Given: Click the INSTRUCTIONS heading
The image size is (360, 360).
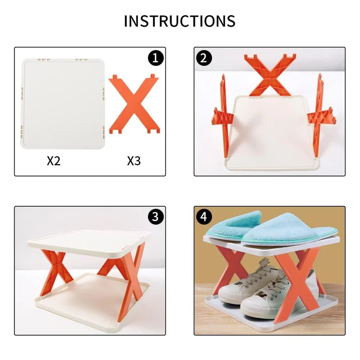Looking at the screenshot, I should [180, 21].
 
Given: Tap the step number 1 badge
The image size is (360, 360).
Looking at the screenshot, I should [155, 58].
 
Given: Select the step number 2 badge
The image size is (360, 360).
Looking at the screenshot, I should [204, 58].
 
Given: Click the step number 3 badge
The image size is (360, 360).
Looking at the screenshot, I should [155, 217].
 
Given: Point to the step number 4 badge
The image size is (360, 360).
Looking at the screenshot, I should [204, 217].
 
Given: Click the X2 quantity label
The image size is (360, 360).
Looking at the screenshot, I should [53, 161].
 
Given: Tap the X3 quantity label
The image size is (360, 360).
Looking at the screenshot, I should [134, 161].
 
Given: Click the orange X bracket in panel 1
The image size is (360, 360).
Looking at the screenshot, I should [133, 104].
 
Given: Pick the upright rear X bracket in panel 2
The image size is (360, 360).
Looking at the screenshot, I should [269, 75].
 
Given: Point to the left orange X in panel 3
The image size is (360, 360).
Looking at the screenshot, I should [53, 271].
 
